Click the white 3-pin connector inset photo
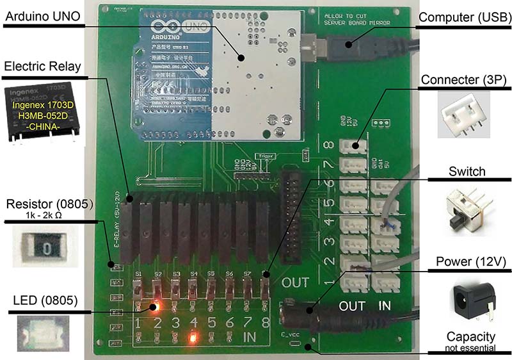[463, 114]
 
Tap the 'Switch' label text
[467, 172]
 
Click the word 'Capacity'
[471, 336]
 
